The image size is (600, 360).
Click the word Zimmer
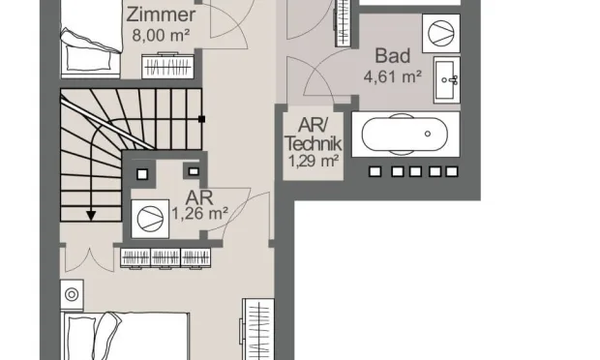pyautogui.click(x=162, y=16)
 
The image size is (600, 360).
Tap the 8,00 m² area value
pyautogui.click(x=161, y=36)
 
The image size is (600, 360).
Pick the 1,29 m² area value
pyautogui.click(x=312, y=161)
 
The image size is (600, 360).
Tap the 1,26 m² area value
pyautogui.click(x=199, y=212)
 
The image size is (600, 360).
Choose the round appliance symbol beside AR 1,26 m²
pyautogui.click(x=149, y=217)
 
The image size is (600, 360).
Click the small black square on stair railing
pyautogui.click(x=201, y=118)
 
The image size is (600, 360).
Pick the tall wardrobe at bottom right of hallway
pyautogui.click(x=256, y=331)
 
